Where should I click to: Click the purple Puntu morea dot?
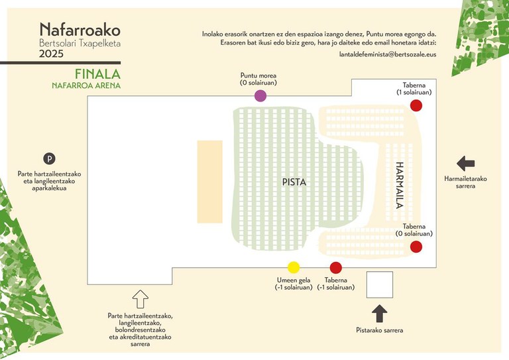[x=260, y=95]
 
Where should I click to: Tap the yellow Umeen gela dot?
[x=294, y=267]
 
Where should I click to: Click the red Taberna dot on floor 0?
[x=416, y=247]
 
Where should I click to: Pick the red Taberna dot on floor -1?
[x=335, y=267]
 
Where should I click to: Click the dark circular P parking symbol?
[x=48, y=158]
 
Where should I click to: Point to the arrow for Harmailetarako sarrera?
[x=466, y=162]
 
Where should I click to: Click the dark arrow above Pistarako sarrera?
[x=379, y=313]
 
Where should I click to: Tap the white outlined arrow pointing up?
[x=140, y=297]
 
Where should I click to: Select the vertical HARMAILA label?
[x=400, y=186]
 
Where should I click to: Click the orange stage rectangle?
[x=209, y=181]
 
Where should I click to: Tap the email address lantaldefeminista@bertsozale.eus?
[x=387, y=54]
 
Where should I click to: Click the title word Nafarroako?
[x=80, y=30]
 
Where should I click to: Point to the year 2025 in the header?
[x=51, y=54]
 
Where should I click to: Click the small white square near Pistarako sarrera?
[x=379, y=284]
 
